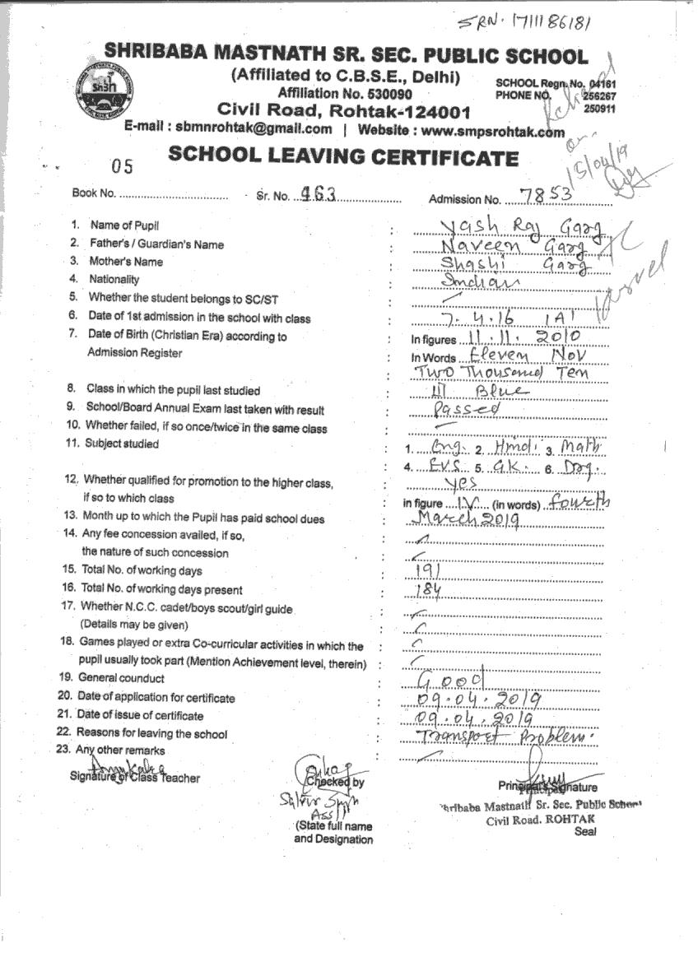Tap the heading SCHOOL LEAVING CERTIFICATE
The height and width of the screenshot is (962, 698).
[343, 156]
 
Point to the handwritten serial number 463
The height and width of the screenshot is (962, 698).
[318, 194]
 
